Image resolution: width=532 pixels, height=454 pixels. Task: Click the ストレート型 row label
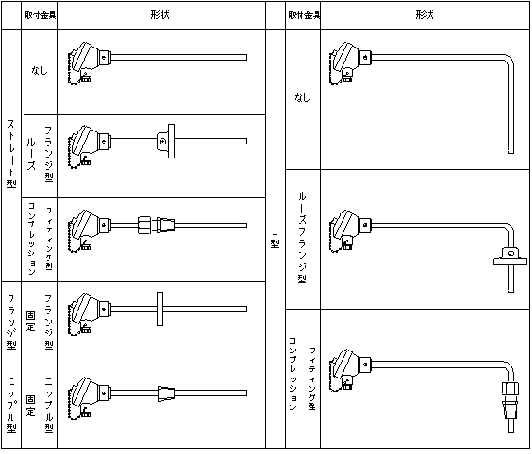point(11,154)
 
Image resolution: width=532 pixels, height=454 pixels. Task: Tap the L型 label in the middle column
point(274,238)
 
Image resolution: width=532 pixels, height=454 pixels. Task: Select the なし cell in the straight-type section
point(39,70)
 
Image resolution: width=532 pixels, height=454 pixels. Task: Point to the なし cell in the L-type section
point(302,98)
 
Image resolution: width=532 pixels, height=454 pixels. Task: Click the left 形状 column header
point(160,15)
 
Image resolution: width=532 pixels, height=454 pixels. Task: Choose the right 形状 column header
point(425,15)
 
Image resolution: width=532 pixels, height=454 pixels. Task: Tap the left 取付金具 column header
point(40,15)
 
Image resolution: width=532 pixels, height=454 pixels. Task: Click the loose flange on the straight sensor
point(166,141)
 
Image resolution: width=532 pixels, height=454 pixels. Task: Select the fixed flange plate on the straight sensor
point(161,309)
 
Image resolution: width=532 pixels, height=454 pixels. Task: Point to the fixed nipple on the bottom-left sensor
point(166,393)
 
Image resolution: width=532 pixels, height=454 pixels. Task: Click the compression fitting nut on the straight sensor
point(144,226)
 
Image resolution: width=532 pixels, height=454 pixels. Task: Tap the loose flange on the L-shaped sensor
point(511,256)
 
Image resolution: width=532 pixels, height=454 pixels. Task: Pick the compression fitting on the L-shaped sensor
point(511,402)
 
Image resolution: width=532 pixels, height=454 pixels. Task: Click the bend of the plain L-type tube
point(509,60)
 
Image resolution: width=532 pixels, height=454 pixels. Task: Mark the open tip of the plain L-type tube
point(511,153)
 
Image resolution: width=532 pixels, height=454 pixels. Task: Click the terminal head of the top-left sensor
point(86,62)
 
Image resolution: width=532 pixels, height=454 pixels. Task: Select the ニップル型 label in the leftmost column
point(11,405)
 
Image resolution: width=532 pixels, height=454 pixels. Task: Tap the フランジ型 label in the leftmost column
point(11,322)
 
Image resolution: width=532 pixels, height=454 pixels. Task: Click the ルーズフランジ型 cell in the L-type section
point(302,238)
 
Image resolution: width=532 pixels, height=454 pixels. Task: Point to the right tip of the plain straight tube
point(246,57)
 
